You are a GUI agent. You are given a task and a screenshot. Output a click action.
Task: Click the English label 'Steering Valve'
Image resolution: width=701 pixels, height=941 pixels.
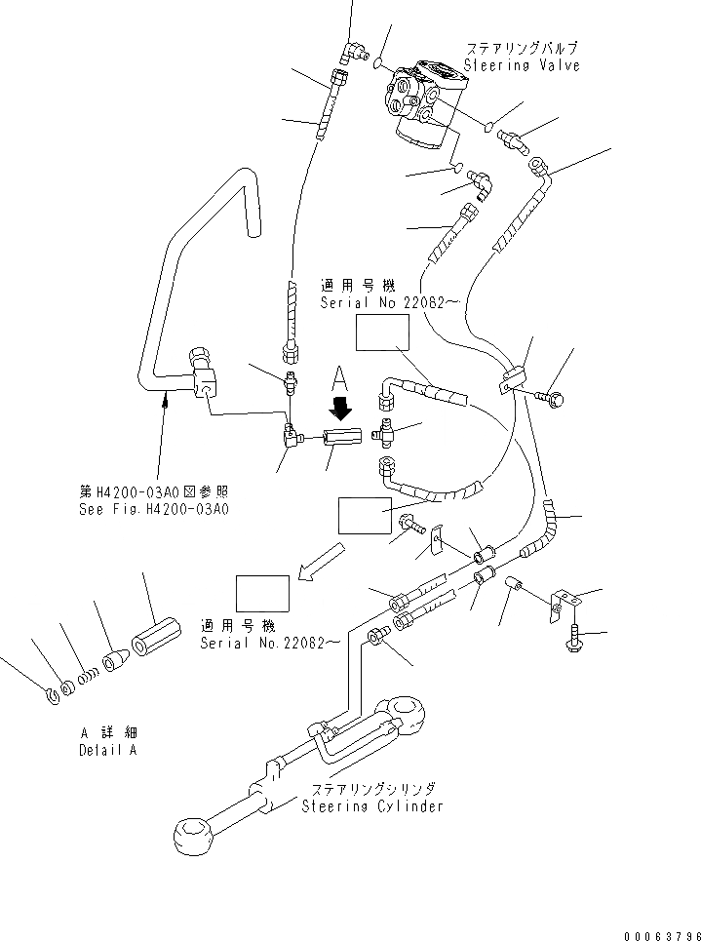(522, 65)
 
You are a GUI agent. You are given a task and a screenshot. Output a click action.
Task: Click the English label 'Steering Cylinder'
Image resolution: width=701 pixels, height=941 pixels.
(371, 805)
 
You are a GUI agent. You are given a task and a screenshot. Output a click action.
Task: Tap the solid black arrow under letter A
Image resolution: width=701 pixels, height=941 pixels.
(338, 403)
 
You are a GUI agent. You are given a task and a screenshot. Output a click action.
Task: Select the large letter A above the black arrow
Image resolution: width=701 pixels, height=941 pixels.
(338, 376)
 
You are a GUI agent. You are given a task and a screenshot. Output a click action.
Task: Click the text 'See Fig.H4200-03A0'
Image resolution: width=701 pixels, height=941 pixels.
(153, 509)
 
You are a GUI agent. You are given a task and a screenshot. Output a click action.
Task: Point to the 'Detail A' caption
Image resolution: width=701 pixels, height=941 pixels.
(107, 750)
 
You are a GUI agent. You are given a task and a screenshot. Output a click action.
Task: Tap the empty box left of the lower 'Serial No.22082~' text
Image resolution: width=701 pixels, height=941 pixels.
(262, 593)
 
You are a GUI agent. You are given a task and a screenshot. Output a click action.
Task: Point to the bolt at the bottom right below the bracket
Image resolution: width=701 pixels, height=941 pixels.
(572, 639)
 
